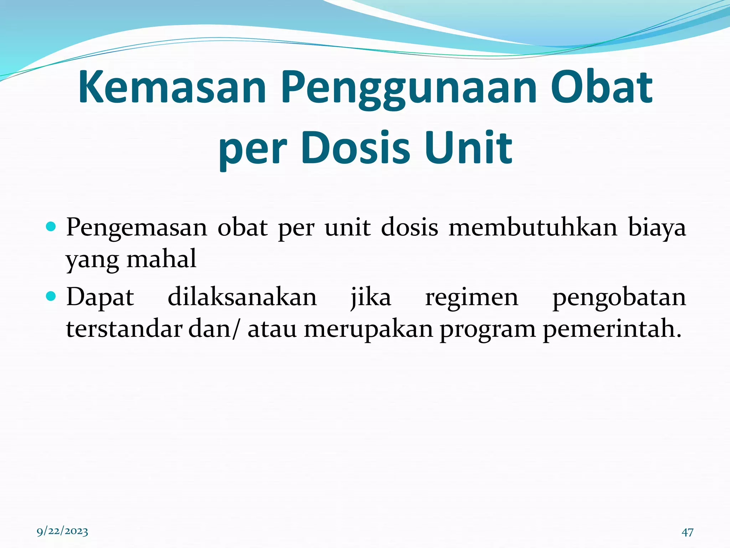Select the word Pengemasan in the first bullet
(x=137, y=228)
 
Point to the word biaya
(x=657, y=228)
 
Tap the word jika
(x=371, y=298)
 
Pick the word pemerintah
(x=612, y=329)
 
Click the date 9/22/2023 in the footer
(x=62, y=531)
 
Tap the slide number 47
(x=688, y=532)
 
